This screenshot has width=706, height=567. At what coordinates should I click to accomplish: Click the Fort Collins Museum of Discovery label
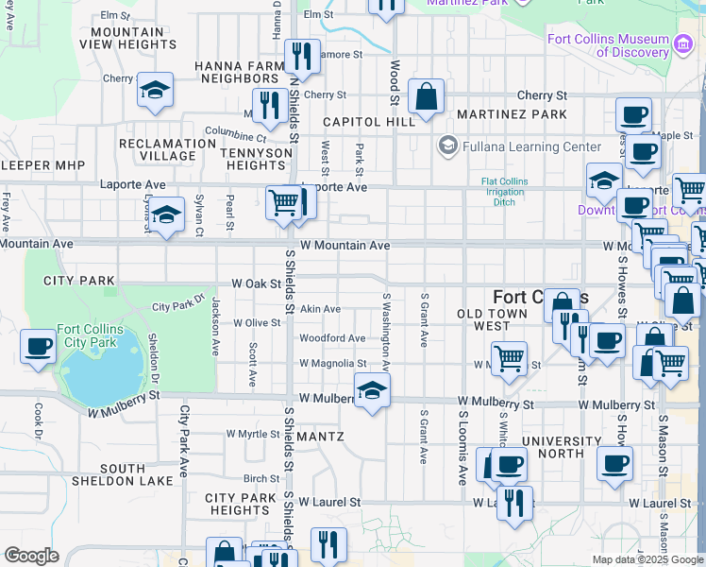(x=609, y=45)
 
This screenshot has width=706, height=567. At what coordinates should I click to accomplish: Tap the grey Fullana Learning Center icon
(x=447, y=146)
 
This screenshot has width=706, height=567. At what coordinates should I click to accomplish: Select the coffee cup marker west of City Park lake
(x=39, y=347)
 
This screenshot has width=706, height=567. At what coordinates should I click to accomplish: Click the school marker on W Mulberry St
(x=373, y=390)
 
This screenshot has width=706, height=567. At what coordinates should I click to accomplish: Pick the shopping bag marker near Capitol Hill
(x=427, y=96)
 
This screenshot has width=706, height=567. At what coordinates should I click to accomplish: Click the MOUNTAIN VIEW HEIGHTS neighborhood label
(x=128, y=38)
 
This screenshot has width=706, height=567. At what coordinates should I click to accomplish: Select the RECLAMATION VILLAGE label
(x=168, y=149)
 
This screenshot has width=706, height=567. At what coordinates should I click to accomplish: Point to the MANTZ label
(x=319, y=437)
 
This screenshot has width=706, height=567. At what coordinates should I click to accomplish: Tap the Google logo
(x=31, y=556)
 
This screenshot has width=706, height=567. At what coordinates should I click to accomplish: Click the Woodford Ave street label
(x=332, y=338)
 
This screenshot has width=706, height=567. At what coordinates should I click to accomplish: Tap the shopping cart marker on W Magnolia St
(x=510, y=359)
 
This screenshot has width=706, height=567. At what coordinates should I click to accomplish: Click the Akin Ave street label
(x=320, y=309)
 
